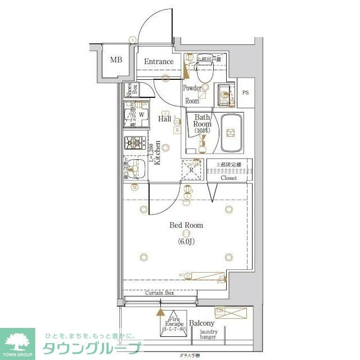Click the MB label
(116, 60)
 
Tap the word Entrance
(159, 62)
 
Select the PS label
(245, 93)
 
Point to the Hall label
(165, 119)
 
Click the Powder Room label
(192, 94)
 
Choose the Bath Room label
(202, 124)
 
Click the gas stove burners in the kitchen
(135, 143)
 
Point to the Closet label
(228, 178)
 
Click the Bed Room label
(186, 226)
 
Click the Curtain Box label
(160, 293)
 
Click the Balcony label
(201, 323)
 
